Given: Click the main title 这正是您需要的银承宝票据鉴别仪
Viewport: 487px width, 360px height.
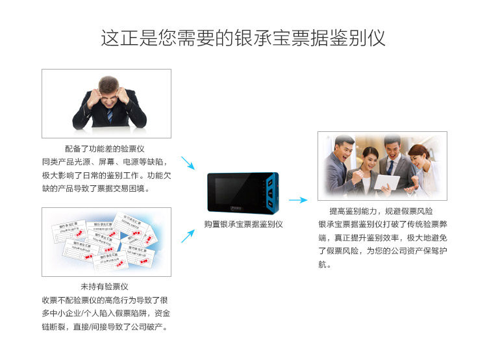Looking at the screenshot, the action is [x=243, y=37].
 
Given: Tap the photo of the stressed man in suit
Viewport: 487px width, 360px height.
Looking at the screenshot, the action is [x=106, y=104].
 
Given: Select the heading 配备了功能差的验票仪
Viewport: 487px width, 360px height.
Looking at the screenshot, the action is [x=104, y=149].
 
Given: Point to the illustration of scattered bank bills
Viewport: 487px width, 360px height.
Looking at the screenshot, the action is [x=106, y=242].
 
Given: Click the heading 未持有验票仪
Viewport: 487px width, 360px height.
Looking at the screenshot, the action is [x=104, y=287].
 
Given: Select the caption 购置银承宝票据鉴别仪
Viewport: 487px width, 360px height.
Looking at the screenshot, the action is [x=243, y=224].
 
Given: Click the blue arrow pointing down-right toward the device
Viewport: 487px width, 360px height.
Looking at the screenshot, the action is [x=188, y=162].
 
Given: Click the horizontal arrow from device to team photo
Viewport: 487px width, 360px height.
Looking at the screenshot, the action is [x=297, y=200].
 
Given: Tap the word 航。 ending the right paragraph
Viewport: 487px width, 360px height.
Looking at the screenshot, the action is [x=325, y=264].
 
